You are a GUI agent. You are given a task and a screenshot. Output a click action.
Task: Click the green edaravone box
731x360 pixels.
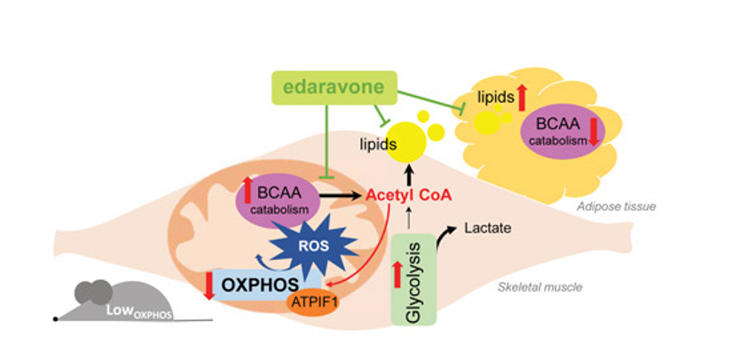point(332,87)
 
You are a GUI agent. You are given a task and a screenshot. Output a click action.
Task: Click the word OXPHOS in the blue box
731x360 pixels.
point(258,285)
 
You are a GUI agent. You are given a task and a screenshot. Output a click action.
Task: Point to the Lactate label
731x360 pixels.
point(488,229)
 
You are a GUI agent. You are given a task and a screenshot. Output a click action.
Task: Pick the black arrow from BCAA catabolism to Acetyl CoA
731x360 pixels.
point(341,194)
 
